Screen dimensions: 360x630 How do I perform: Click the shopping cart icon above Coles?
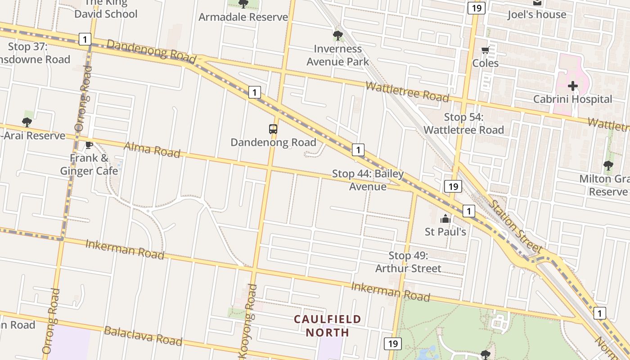coord(485,50)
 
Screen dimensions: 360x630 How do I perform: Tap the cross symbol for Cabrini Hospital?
coord(572,85)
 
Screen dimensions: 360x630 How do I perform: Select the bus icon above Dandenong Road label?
coord(273,129)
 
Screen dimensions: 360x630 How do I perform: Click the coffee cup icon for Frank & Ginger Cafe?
coord(89,145)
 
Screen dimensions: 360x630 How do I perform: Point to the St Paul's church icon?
coord(445,219)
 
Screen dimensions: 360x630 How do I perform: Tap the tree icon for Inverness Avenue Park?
coord(337,35)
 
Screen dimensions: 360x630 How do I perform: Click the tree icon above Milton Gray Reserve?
coord(608,166)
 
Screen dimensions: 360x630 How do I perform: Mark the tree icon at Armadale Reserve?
coord(243,4)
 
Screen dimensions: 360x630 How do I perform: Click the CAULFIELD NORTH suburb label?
coord(328,326)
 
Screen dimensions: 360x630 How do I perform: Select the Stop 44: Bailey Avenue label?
coord(368,180)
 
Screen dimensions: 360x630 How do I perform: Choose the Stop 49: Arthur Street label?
coord(408,262)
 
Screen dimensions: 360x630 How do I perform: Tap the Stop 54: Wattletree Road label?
coord(463,124)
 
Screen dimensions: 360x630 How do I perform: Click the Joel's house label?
coord(537,14)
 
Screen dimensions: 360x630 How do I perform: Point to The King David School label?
coord(106,9)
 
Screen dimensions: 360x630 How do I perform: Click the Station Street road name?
coord(515,226)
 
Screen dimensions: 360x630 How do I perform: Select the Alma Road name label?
coord(152,149)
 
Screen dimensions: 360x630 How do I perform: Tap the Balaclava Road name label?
coord(143,336)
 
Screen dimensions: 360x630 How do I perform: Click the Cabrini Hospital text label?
coord(572,99)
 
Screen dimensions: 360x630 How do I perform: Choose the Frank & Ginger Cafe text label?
coord(89,164)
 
